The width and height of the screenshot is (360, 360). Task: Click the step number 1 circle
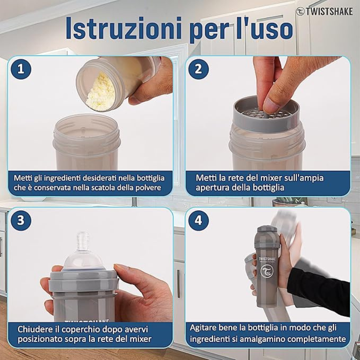(x=21, y=69)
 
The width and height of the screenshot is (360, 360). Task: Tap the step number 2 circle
(x=198, y=69)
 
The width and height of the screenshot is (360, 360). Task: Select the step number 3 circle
(x=21, y=220)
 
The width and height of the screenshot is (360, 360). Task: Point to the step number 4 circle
(x=198, y=220)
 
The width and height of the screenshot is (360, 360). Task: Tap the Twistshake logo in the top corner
(x=324, y=12)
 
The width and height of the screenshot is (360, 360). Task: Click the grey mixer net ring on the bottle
(x=266, y=114)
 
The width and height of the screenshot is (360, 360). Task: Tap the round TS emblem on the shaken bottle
(x=267, y=271)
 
